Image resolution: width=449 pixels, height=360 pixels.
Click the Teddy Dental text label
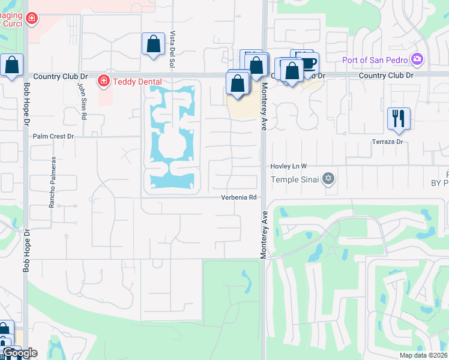point(133,80)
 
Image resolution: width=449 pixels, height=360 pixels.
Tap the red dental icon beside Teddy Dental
point(103,80)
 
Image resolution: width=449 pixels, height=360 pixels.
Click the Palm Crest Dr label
point(53,137)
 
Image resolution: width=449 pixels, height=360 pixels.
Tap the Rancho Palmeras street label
point(52,182)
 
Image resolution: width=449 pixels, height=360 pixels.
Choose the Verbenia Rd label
point(238,197)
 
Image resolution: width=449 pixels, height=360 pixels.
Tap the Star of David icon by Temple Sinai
point(328,178)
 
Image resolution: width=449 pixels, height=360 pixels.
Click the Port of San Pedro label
point(375,59)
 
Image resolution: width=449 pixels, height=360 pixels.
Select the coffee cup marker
point(307,63)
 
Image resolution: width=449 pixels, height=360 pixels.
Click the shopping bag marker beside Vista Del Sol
point(153,44)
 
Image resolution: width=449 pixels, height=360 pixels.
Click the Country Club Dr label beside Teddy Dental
point(61,76)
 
